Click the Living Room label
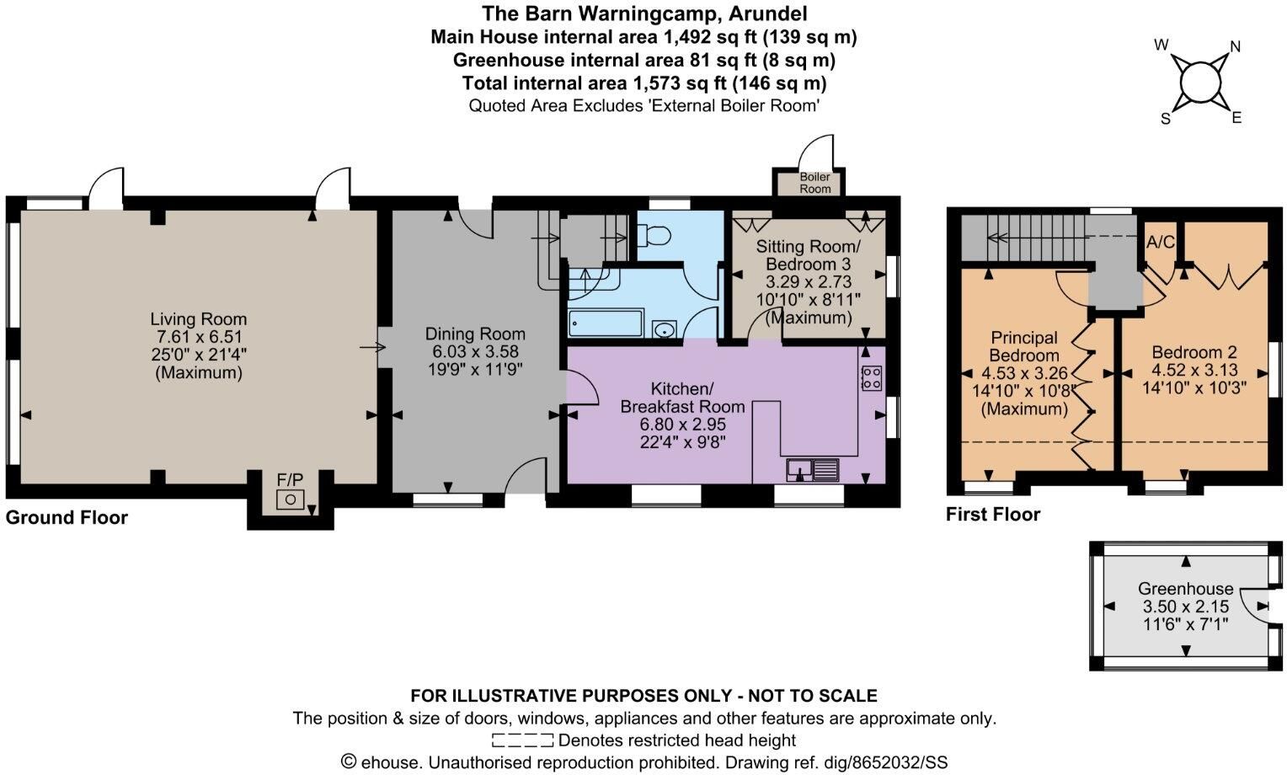[x=198, y=319]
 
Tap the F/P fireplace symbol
[x=290, y=500]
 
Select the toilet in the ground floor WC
[x=654, y=235]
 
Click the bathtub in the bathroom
[x=606, y=323]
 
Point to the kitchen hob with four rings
[x=872, y=378]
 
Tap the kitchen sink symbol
[x=813, y=469]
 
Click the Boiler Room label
[x=814, y=183]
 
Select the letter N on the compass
[x=1235, y=46]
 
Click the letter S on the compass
[x=1165, y=118]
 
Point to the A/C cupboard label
[x=1161, y=242]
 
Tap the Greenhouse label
[x=1185, y=588]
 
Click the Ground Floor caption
[x=67, y=517]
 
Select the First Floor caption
[x=993, y=514]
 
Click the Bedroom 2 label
[x=1194, y=351]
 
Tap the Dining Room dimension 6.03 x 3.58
[x=475, y=351]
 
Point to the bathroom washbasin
[x=665, y=329]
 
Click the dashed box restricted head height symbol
[x=522, y=740]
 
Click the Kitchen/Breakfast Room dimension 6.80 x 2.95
[x=682, y=424]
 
